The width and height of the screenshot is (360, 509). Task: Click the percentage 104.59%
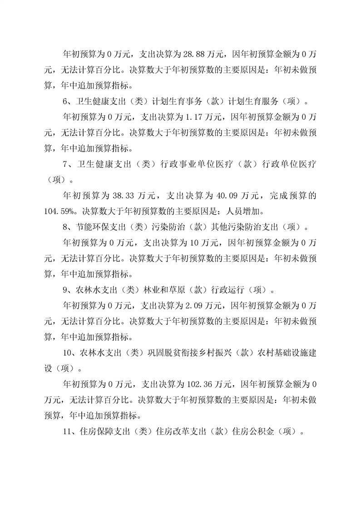62,211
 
